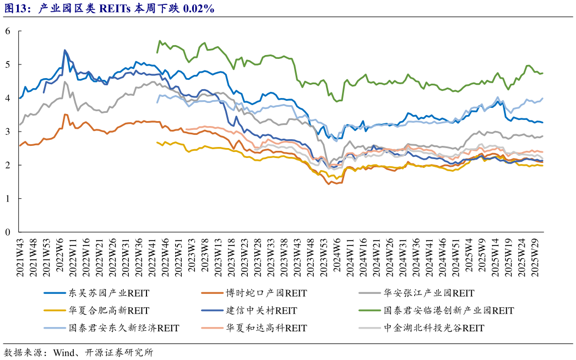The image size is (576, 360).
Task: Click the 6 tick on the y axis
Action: coord(8,31)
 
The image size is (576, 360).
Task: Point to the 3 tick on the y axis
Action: coord(8,132)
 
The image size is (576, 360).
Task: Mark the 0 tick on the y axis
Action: coord(8,232)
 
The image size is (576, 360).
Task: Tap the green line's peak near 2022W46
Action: coord(160,41)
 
